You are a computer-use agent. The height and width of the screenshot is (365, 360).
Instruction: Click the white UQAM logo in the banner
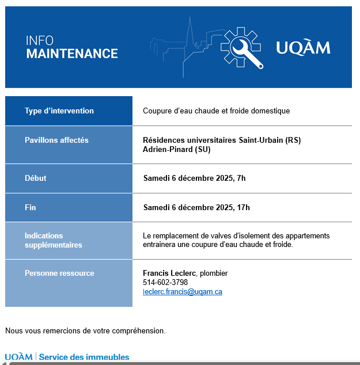click(x=303, y=47)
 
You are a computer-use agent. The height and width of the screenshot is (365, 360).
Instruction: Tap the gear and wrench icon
click(x=242, y=47)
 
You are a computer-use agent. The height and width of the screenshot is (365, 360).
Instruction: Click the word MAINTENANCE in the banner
click(x=72, y=54)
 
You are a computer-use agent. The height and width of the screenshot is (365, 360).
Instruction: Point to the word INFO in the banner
click(x=40, y=41)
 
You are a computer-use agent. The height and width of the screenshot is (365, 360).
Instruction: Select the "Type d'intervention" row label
click(x=59, y=111)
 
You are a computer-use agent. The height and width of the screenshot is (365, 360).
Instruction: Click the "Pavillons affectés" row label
click(x=56, y=140)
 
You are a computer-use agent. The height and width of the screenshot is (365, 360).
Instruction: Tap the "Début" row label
click(x=36, y=178)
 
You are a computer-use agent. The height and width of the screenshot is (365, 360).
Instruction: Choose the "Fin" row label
click(x=31, y=207)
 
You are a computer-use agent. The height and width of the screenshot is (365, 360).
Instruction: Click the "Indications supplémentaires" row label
click(x=53, y=240)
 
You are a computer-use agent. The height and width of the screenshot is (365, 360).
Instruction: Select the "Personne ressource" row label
click(x=59, y=273)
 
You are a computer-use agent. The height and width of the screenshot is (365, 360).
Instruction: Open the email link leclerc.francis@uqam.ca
click(x=183, y=292)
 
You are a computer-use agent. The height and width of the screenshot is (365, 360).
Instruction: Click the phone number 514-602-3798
click(x=165, y=283)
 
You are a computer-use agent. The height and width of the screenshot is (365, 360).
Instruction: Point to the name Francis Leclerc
click(x=169, y=273)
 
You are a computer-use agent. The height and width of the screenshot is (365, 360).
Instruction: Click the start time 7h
click(x=241, y=178)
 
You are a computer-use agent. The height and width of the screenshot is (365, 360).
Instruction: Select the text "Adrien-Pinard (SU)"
click(x=177, y=149)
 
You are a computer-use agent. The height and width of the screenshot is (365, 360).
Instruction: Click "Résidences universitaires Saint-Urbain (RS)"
click(x=222, y=140)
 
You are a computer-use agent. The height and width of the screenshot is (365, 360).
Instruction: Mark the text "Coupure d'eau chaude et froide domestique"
click(x=216, y=111)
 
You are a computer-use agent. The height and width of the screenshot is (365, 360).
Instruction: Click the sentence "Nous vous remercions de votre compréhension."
click(x=85, y=330)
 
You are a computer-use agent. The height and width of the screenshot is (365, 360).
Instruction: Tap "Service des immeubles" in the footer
click(x=84, y=358)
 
